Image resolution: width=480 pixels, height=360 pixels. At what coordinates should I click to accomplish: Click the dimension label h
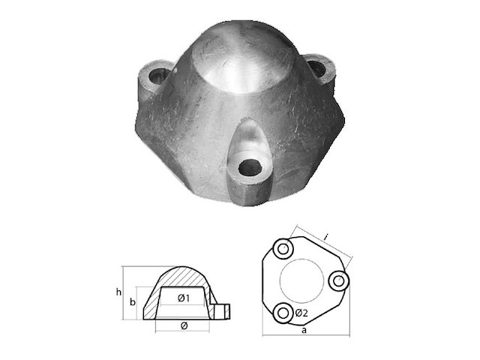tap(118, 292)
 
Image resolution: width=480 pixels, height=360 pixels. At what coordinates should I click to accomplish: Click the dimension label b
tap(133, 302)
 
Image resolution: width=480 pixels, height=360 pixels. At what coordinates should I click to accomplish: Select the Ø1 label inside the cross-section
tap(184, 298)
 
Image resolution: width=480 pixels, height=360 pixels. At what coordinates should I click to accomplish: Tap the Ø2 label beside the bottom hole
tap(301, 313)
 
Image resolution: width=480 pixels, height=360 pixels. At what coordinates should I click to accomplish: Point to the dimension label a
tap(304, 330)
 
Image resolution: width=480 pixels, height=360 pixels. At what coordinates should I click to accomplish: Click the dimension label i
tap(327, 236)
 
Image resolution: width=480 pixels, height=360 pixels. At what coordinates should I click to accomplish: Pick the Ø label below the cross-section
tap(184, 326)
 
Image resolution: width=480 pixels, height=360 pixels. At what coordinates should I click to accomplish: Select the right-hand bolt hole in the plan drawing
tap(339, 280)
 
